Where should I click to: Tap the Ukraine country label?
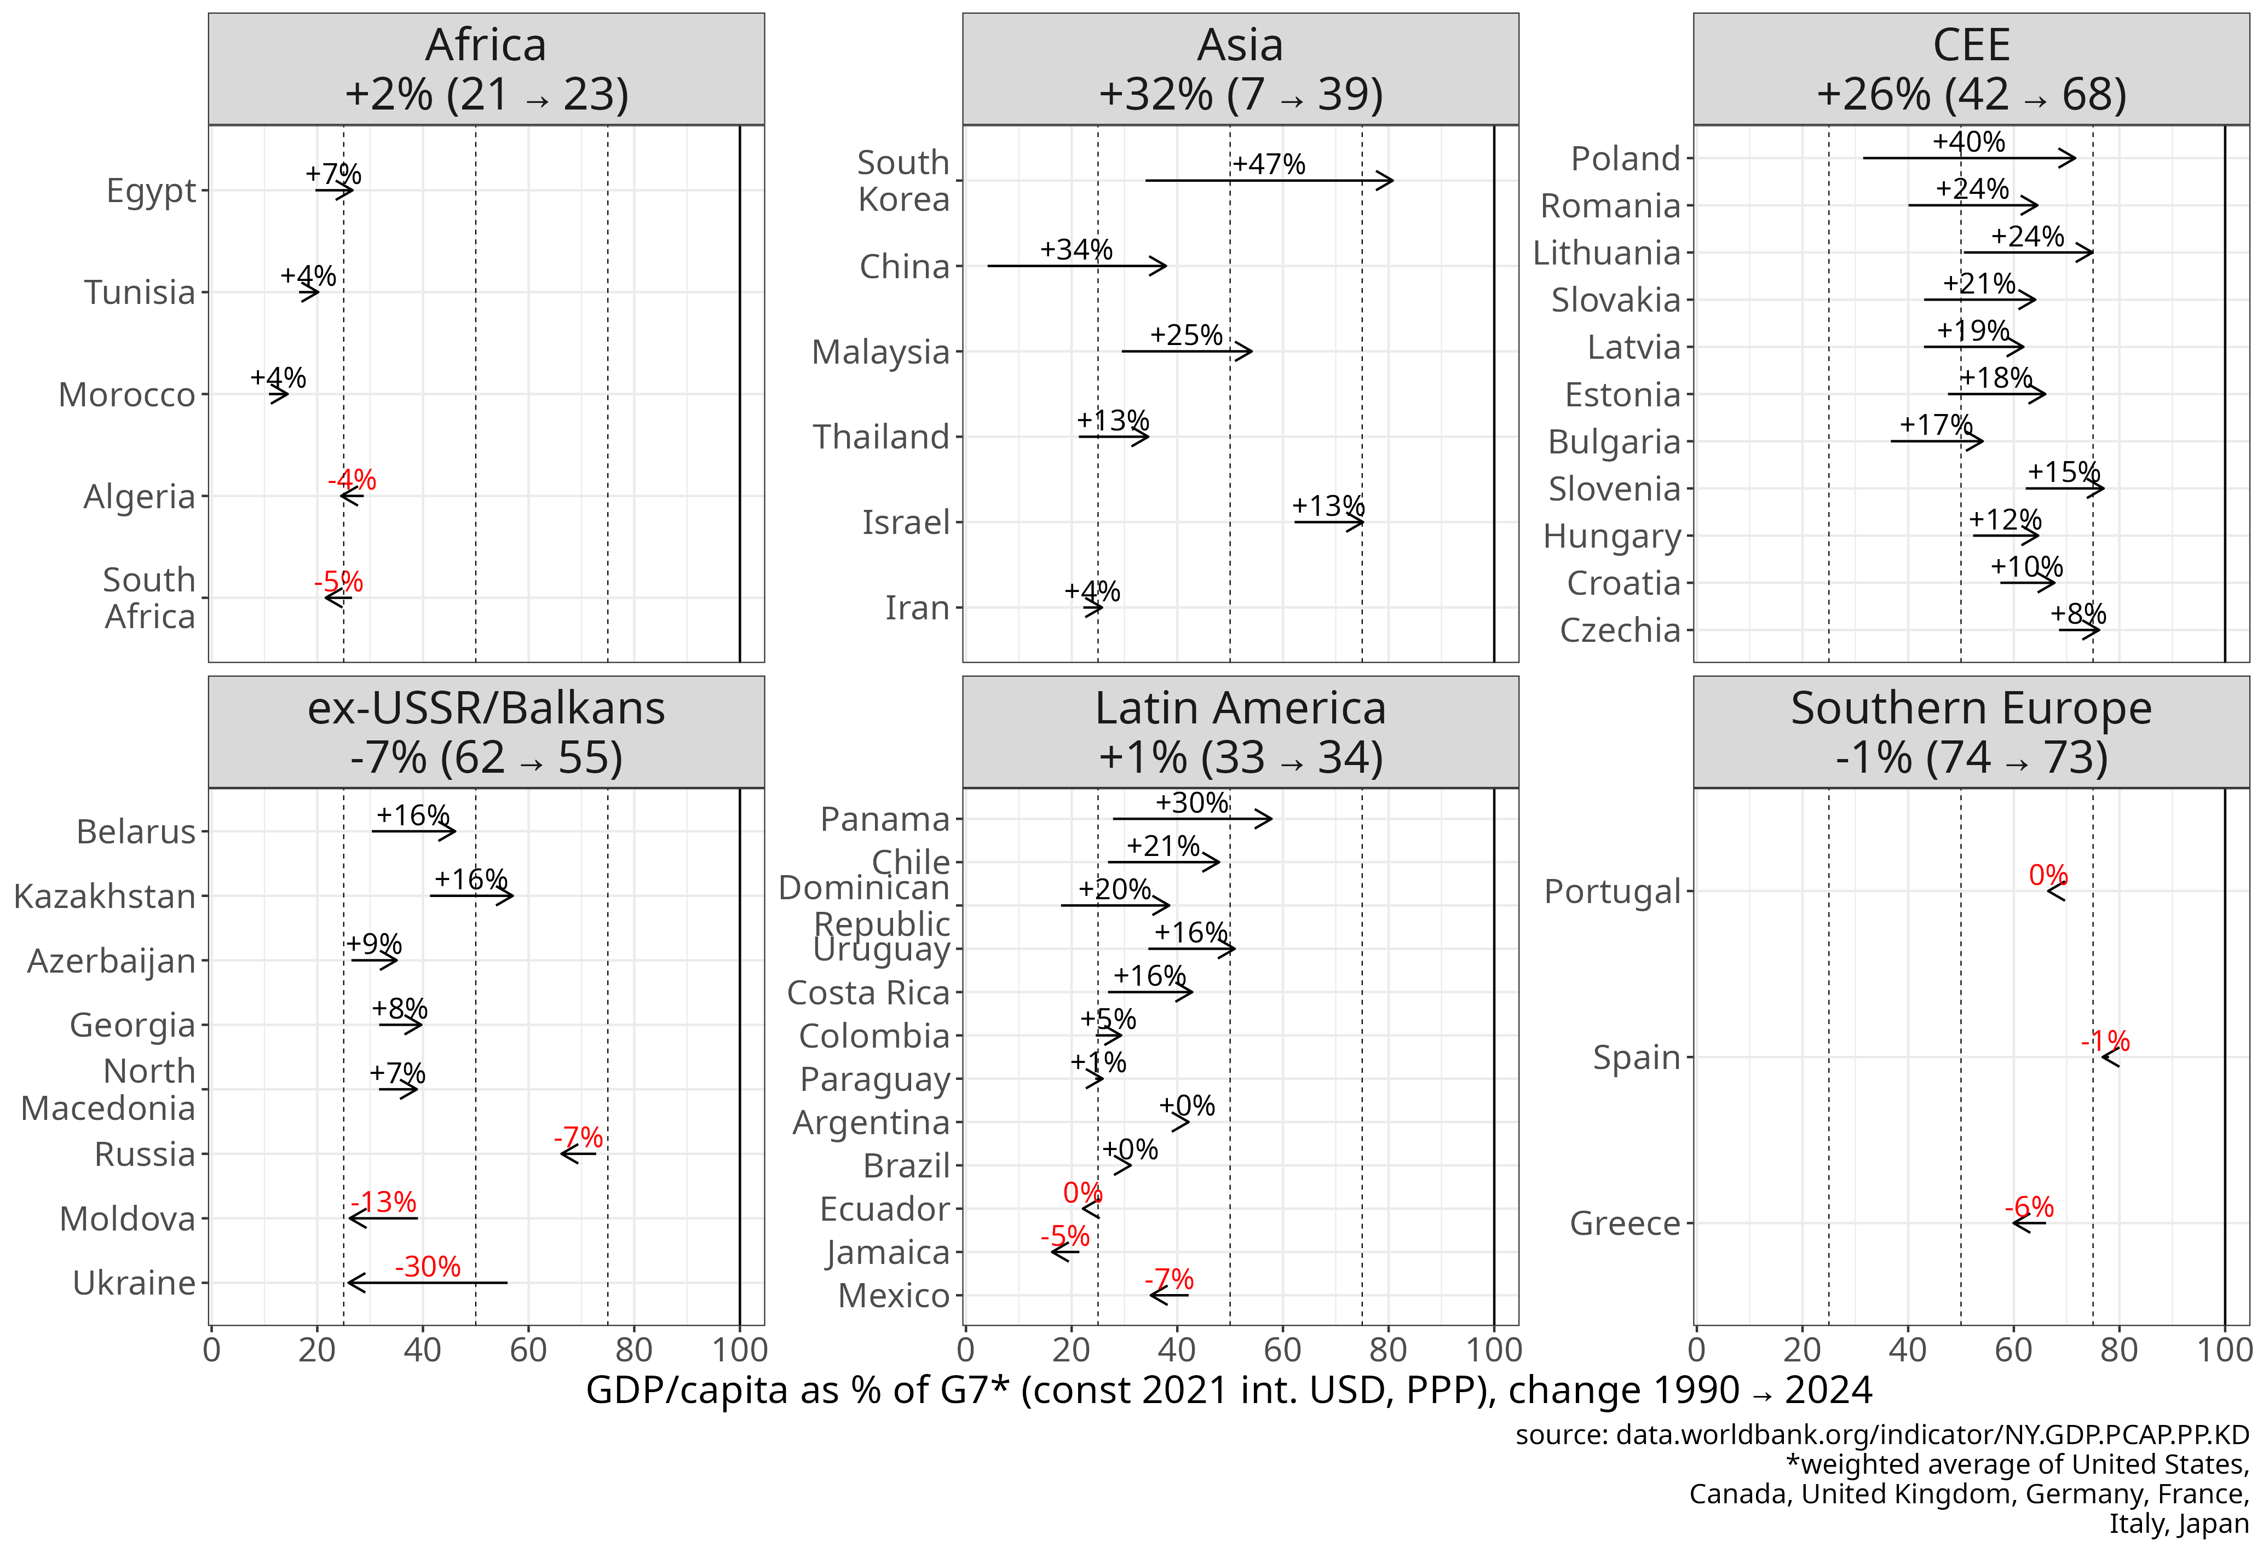click(x=134, y=1283)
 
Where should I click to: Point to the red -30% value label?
click(x=428, y=1267)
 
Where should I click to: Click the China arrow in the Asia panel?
click(x=1076, y=265)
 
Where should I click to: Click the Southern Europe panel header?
click(x=1971, y=732)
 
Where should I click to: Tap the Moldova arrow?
click(x=383, y=1218)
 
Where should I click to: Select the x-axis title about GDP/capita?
click(x=1228, y=1390)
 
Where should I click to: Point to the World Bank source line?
click(x=1881, y=1435)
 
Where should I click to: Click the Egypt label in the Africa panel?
click(x=151, y=191)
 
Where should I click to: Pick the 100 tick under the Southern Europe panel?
click(x=2224, y=1350)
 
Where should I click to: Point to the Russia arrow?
click(x=578, y=1154)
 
